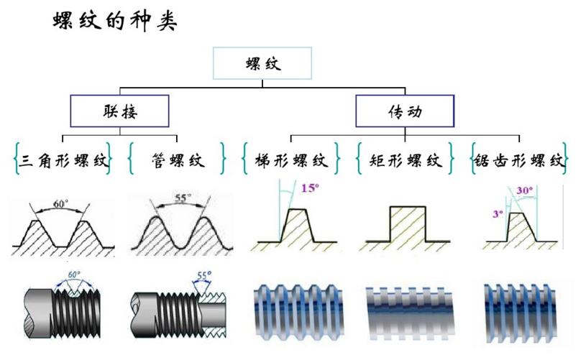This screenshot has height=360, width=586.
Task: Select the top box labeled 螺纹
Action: click(262, 63)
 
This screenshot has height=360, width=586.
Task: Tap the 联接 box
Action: click(119, 111)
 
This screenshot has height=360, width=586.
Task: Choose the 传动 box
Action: click(405, 111)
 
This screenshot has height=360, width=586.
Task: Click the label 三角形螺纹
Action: click(63, 160)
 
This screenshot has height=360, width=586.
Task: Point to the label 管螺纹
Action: click(178, 160)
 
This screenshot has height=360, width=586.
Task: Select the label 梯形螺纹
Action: click(291, 160)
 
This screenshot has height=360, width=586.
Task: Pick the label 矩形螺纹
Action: click(406, 160)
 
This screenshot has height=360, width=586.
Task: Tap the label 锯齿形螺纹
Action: click(518, 160)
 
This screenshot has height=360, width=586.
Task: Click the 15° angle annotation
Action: click(310, 189)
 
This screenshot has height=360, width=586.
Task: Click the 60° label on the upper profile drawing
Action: click(61, 203)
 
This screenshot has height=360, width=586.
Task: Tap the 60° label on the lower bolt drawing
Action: click(74, 274)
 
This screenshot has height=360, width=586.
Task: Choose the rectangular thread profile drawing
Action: click(408, 226)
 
